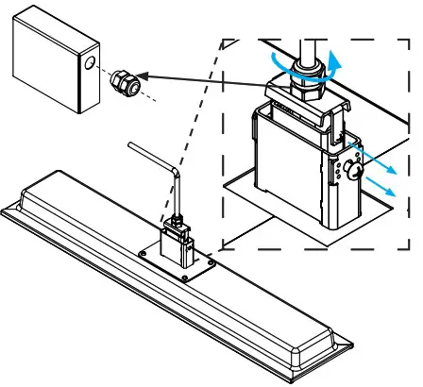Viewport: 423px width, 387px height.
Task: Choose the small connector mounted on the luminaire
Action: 178,240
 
